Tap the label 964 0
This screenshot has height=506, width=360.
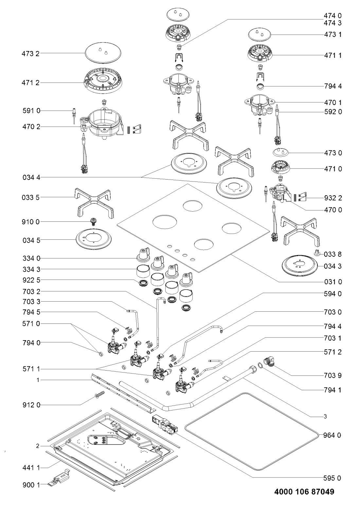coord(333,435)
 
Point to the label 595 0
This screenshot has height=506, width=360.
coord(333,478)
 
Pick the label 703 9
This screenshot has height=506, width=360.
coord(333,376)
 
